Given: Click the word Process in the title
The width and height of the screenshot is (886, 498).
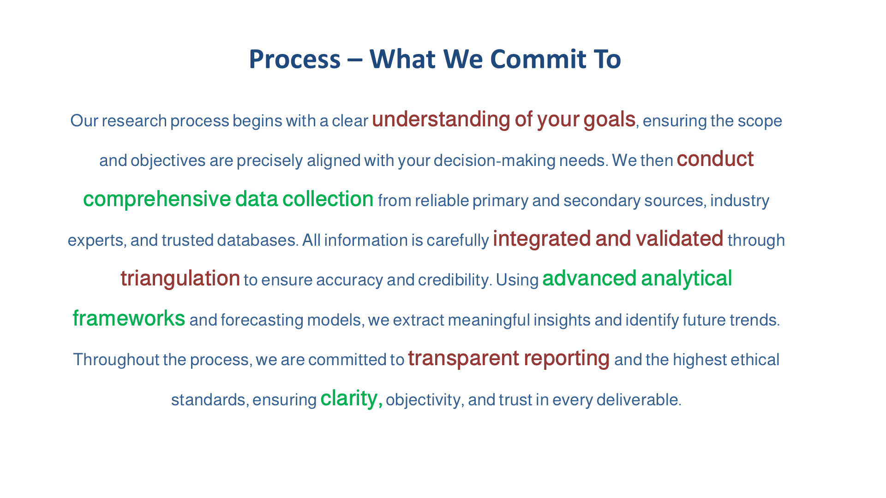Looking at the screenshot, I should (x=294, y=59).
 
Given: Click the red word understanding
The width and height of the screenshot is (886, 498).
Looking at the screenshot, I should (x=441, y=119).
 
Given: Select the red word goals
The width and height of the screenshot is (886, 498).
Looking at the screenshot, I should (x=609, y=119).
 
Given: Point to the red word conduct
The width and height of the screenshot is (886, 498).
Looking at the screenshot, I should (x=715, y=159).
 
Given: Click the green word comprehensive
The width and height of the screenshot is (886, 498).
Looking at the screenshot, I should (x=156, y=199).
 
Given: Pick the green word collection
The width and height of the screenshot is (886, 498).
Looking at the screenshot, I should (x=328, y=199).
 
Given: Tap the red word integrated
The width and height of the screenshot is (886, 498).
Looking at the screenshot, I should (x=542, y=239).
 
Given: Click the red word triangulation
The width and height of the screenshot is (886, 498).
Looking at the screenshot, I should (x=180, y=279).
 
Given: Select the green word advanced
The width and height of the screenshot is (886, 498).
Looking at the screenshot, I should (x=589, y=279).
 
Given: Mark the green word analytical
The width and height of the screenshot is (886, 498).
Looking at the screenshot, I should (x=686, y=279).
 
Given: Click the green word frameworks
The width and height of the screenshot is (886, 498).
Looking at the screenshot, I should (x=129, y=319).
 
